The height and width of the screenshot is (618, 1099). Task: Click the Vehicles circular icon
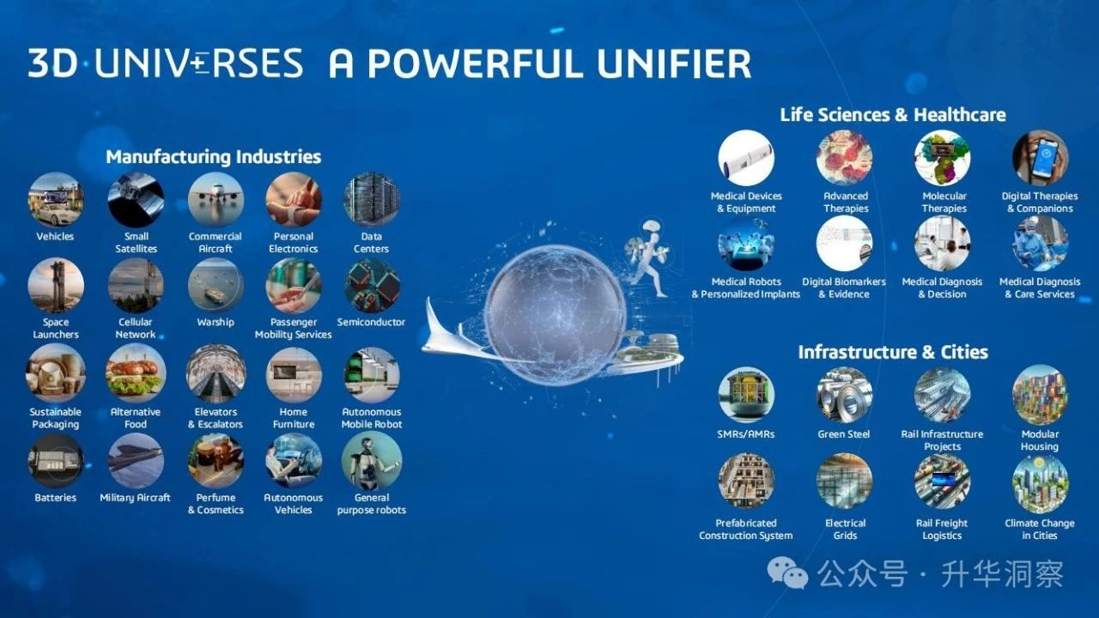point(56,200)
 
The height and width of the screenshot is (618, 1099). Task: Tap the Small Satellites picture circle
point(136,200)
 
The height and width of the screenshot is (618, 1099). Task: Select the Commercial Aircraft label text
point(216,242)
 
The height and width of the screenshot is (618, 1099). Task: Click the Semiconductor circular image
point(372,286)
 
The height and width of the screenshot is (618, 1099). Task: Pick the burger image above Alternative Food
point(136,373)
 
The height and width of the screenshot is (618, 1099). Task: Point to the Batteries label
point(56,497)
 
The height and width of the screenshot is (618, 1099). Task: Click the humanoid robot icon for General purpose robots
point(372,461)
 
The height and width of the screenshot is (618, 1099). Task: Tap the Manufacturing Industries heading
point(214,157)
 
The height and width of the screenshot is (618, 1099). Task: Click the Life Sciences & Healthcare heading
point(893,115)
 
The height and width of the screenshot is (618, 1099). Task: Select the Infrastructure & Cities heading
point(893,352)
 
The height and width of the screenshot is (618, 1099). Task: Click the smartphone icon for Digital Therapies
point(1040,158)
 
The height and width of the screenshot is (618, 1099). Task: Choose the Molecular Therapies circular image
point(942,158)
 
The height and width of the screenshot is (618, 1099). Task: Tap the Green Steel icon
point(844,396)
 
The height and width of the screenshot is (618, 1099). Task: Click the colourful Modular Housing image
point(1040,396)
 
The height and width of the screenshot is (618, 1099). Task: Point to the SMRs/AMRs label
point(746,434)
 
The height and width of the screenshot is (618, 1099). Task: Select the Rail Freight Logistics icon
point(942,482)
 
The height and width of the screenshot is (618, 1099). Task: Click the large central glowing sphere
point(555,315)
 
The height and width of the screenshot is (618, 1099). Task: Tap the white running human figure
point(648,257)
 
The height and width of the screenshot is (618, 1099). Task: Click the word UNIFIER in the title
point(674,64)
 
